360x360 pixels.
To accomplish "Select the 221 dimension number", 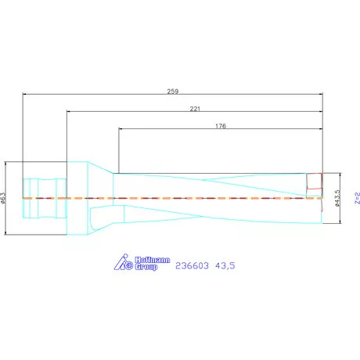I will (194, 109).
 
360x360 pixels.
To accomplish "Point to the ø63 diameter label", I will (5, 198).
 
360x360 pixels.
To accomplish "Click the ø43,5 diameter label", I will (337, 198).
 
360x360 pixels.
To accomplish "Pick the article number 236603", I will (191, 266).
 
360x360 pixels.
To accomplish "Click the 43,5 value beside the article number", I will (225, 266).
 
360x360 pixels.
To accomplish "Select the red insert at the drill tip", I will (314, 181).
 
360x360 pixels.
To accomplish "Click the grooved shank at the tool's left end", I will (38, 198).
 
